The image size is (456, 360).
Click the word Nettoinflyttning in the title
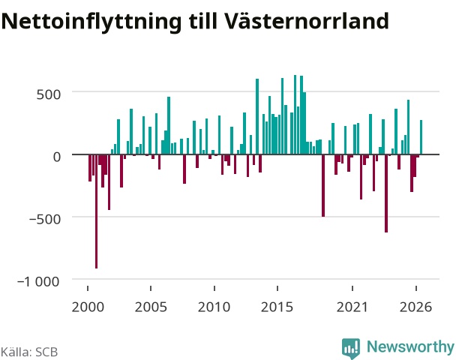[x=91, y=22]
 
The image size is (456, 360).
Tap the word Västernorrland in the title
[x=306, y=20]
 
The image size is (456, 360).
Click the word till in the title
[x=203, y=21]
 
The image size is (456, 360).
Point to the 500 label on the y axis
[x=49, y=94]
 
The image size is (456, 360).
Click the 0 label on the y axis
[x=57, y=157]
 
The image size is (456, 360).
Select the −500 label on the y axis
[x=45, y=219]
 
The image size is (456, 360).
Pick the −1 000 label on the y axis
[x=38, y=281]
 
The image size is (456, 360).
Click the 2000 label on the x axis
[x=88, y=307]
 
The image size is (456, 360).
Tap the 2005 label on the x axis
[x=151, y=307]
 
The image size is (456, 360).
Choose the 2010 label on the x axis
[x=214, y=307]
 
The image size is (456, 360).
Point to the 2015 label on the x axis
[x=277, y=307]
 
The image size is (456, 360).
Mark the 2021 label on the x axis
[x=352, y=307]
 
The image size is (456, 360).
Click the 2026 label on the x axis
[x=415, y=307]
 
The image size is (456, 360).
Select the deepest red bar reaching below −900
[x=96, y=211]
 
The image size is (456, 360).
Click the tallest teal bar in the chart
[x=295, y=115]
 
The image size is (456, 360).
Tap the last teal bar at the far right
[x=421, y=137]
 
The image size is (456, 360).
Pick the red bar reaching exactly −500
[x=323, y=185]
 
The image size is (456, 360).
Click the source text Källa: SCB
[x=29, y=352]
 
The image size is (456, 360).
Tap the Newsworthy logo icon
[x=351, y=348]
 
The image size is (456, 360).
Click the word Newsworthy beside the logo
[x=410, y=346]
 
